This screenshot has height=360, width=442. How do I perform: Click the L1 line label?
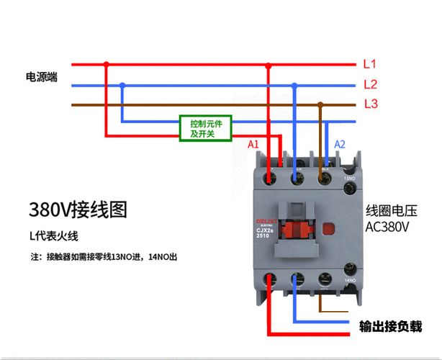(370, 64)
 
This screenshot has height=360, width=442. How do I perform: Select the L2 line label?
(370, 84)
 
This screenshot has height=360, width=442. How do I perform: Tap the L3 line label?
(371, 104)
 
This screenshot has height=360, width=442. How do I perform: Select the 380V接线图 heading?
(78, 210)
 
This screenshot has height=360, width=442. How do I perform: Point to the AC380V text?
(387, 227)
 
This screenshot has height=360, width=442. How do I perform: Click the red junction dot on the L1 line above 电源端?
(107, 64)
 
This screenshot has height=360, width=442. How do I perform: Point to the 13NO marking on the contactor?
(350, 178)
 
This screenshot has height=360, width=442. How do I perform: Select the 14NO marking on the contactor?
(350, 280)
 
